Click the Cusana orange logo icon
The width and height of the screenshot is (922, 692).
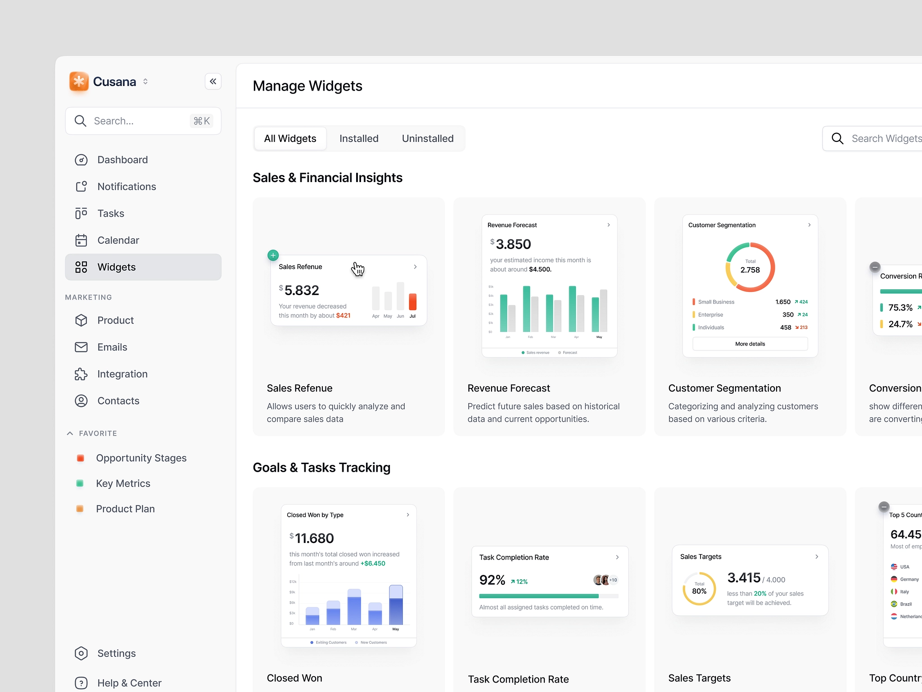click(79, 82)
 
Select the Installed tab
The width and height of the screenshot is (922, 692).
click(359, 138)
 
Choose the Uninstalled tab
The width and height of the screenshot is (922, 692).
click(427, 138)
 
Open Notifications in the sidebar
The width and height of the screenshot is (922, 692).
click(127, 187)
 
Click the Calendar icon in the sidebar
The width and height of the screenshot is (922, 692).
click(81, 240)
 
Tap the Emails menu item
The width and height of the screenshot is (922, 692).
click(112, 347)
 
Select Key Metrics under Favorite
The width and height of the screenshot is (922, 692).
click(123, 483)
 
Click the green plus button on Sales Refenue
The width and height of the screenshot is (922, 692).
click(273, 255)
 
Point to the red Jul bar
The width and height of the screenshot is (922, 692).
click(412, 301)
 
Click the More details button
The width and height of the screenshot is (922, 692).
click(750, 344)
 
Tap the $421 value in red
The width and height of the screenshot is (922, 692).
click(343, 315)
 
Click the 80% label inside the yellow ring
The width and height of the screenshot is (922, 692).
click(699, 591)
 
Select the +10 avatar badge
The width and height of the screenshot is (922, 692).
click(613, 580)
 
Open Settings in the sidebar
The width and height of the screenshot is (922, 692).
click(116, 653)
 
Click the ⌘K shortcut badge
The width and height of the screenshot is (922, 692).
click(202, 121)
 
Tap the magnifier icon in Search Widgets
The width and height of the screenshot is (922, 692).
click(837, 138)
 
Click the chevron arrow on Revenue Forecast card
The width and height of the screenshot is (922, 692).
click(609, 225)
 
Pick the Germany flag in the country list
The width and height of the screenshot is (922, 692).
click(894, 579)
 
